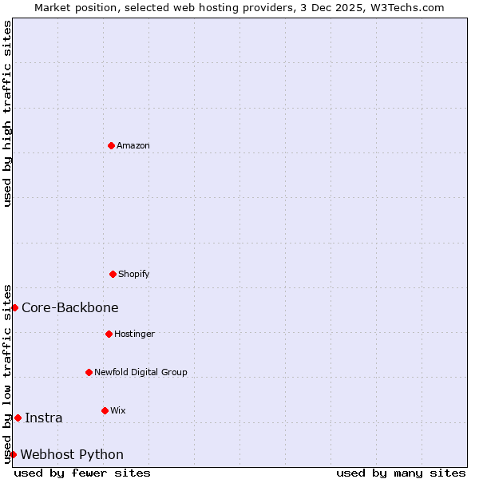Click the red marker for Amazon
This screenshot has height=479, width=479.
[112, 145]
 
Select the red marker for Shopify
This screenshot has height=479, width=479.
[113, 274]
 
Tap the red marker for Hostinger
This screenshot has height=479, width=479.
[109, 334]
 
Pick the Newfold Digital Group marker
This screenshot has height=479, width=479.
[89, 372]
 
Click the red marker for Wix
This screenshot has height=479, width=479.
[105, 410]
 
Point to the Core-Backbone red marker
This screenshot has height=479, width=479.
[14, 307]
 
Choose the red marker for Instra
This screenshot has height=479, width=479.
[18, 418]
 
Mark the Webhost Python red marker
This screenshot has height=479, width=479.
[13, 454]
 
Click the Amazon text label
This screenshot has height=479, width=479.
[133, 145]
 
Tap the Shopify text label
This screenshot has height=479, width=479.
[134, 274]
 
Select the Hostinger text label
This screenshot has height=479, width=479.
[135, 334]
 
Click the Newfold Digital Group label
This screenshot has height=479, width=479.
[141, 372]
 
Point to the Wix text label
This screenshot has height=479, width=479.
[118, 410]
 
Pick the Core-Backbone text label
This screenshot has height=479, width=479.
[70, 307]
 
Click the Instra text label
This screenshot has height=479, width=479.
[44, 418]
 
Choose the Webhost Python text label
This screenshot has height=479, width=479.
[72, 454]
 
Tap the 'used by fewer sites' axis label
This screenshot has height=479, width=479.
[82, 473]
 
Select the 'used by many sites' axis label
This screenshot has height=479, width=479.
[401, 473]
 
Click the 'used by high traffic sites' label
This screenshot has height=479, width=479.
[7, 113]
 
